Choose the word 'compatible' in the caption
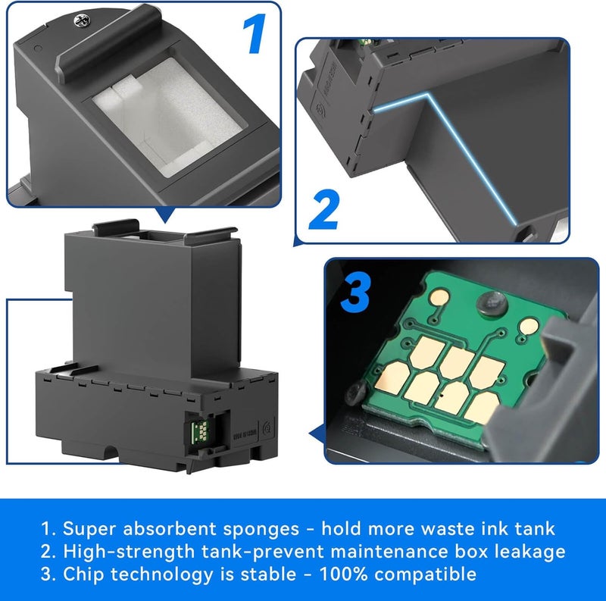coord(430,574)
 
